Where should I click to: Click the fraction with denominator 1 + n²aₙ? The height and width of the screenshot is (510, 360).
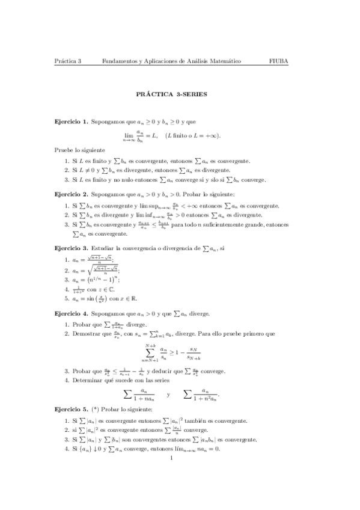tap(202, 395)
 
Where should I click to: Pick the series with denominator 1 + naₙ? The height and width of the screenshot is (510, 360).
tap(139, 395)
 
